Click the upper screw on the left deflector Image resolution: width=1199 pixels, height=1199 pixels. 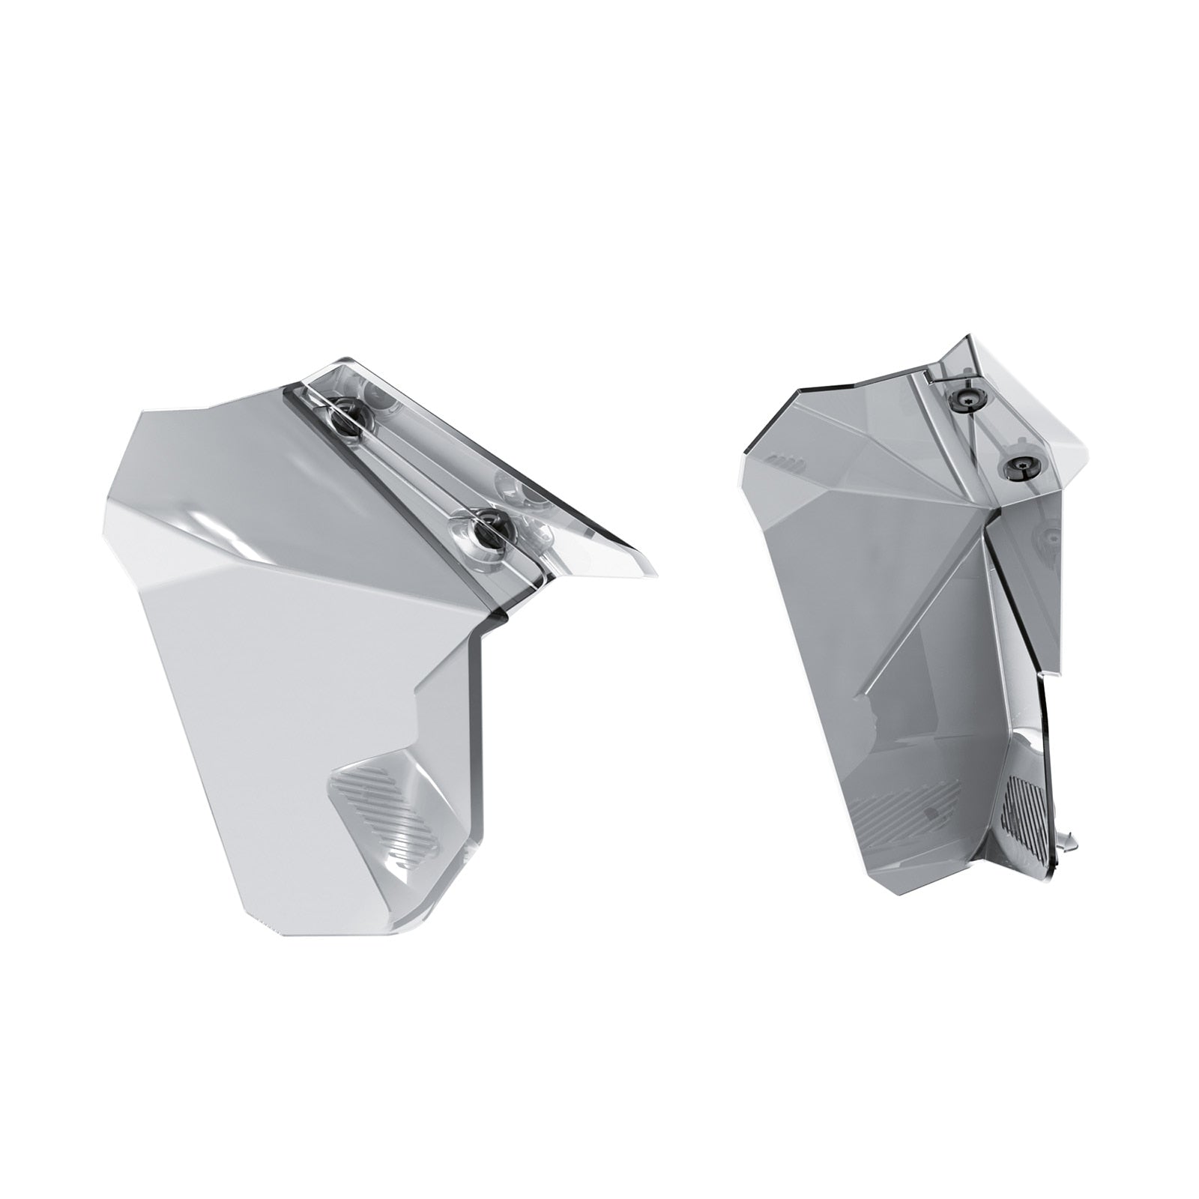pos(346,411)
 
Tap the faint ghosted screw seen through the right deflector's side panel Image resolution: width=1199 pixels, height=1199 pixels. pos(1048,537)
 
